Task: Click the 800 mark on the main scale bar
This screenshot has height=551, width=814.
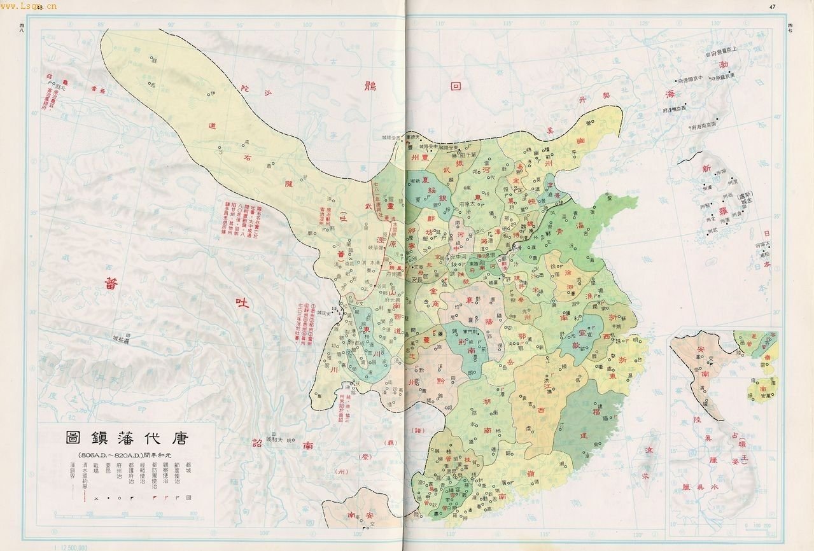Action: point(192,513)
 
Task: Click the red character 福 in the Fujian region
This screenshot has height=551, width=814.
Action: point(600,412)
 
